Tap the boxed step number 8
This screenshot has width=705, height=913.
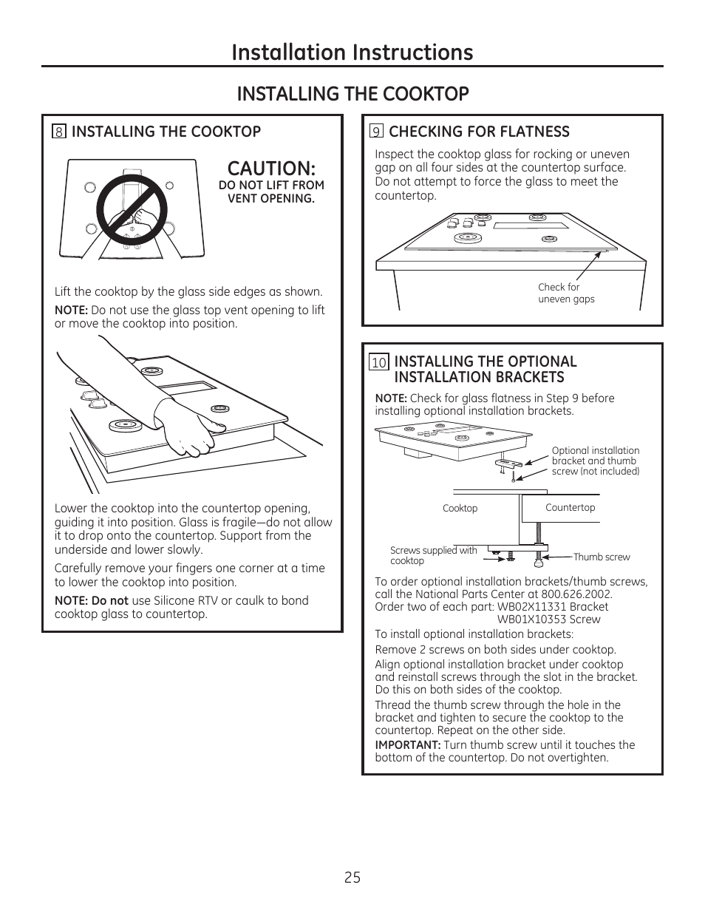click(59, 132)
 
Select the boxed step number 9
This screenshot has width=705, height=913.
click(376, 132)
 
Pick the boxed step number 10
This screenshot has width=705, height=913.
click(379, 362)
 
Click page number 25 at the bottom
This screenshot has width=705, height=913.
click(352, 878)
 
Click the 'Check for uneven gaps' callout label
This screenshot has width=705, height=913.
click(565, 293)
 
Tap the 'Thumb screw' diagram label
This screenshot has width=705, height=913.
click(602, 557)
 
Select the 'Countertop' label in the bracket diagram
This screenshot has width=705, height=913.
click(570, 508)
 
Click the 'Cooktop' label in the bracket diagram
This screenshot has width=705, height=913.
click(460, 509)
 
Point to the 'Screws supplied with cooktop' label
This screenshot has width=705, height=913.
click(433, 555)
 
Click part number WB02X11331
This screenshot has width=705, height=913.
click(533, 607)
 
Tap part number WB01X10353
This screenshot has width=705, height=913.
click(531, 620)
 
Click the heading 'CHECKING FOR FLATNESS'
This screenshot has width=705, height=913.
click(479, 132)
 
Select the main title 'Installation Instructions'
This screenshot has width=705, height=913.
click(352, 52)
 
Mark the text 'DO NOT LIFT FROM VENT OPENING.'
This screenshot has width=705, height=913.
click(271, 191)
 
